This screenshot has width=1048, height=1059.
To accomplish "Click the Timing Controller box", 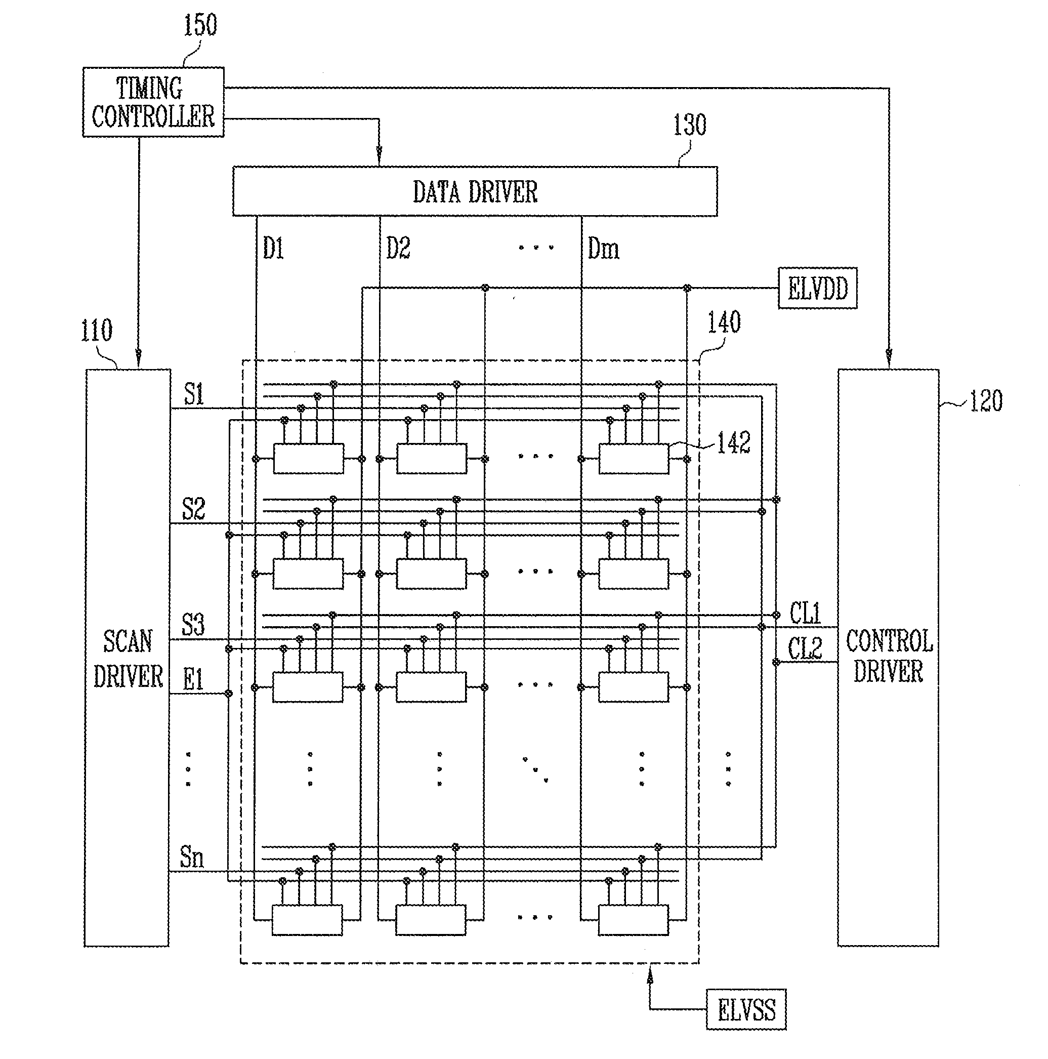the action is [153, 102].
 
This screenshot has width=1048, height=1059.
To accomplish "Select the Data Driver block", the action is [475, 191].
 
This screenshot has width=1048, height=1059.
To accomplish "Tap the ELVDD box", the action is [817, 289].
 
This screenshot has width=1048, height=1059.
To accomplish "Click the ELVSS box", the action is [746, 1010].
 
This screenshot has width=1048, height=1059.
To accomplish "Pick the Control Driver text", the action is [889, 656].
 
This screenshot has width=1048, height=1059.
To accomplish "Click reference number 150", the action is [200, 25].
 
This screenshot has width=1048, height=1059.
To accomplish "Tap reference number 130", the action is [690, 125].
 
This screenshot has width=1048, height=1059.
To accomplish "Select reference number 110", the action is [97, 331].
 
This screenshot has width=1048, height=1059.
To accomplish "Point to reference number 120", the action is [986, 401].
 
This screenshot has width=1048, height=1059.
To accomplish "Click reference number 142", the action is [734, 442].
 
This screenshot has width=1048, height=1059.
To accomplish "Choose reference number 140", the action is [724, 322].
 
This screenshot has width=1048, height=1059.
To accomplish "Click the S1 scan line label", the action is [194, 394].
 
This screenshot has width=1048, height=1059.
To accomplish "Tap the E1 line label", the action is [193, 680].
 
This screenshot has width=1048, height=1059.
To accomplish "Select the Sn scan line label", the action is [192, 857].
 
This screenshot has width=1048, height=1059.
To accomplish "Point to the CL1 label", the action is [805, 613].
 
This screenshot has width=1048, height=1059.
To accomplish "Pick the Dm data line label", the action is [603, 249].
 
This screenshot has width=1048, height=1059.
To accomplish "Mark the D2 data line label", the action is [398, 248].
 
